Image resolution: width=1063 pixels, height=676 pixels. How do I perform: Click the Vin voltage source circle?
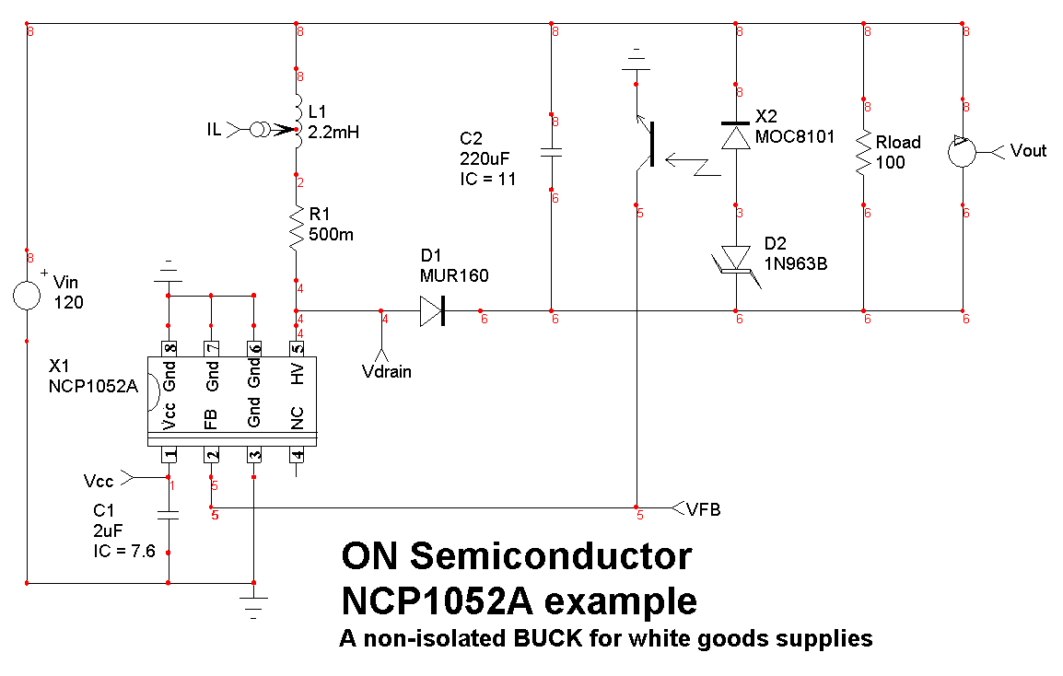(27, 295)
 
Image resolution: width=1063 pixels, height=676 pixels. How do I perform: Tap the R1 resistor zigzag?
(297, 227)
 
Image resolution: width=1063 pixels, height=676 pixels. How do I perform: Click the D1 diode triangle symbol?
(431, 310)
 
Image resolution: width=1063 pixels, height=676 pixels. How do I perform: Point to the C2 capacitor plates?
(551, 152)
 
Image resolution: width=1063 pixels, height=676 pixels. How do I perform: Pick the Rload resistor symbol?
(864, 153)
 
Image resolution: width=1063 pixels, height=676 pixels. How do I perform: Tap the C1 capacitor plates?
(169, 515)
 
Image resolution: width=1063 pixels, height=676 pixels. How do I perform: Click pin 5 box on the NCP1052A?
(297, 348)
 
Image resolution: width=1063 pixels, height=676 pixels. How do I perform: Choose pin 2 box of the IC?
(212, 455)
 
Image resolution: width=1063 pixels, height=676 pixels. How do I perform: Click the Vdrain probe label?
(385, 371)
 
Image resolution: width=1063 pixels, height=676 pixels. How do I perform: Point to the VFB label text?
(703, 508)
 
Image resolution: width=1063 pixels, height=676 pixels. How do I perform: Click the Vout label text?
(1028, 150)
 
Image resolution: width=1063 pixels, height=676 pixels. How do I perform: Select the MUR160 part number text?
(454, 275)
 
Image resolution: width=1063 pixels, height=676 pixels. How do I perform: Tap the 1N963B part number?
(796, 262)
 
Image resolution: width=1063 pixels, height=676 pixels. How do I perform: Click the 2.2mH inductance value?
(333, 133)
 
